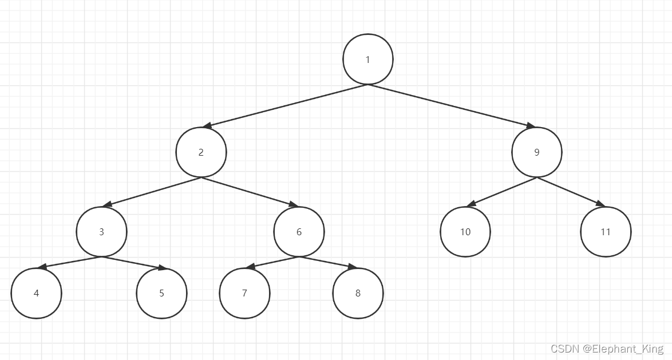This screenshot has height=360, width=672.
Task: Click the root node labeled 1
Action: [x=368, y=60]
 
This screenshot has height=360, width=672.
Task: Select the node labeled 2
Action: [x=201, y=152]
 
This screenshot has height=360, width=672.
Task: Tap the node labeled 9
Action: [x=537, y=152]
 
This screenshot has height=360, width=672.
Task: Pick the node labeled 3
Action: [x=101, y=232]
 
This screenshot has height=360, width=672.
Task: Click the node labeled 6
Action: [x=299, y=232]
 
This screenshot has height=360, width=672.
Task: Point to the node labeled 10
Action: [x=465, y=232]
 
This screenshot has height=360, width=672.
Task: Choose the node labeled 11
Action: [x=606, y=232]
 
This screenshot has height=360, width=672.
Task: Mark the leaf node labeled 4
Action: [x=36, y=293]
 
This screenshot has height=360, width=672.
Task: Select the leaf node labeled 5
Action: [x=161, y=293]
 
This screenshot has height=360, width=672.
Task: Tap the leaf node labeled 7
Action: [x=244, y=293]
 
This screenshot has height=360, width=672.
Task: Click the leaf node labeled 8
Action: [x=358, y=293]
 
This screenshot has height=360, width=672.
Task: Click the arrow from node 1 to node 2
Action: [x=285, y=106]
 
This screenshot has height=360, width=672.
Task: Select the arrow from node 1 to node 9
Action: [x=452, y=106]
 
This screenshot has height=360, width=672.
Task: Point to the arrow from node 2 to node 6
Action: [x=250, y=192]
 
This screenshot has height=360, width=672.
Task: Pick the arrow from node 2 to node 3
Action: [x=151, y=192]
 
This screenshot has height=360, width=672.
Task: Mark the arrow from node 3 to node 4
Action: [x=69, y=262]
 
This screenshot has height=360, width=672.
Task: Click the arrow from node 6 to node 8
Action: [x=328, y=262]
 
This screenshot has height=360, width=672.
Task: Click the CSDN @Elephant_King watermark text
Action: [x=607, y=349]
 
